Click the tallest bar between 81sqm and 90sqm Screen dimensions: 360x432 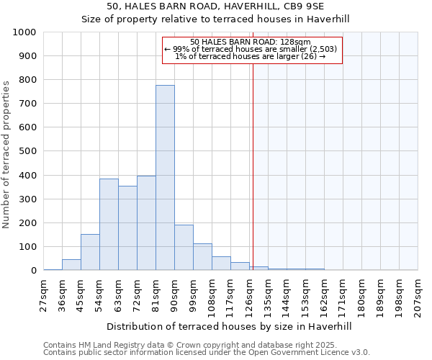click(165, 178)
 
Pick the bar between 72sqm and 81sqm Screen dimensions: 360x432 click(146, 223)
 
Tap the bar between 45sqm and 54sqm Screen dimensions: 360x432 click(90, 252)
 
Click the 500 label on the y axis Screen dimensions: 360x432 click(27, 151)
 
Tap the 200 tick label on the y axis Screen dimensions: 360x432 click(27, 223)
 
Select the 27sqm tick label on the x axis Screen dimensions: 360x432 click(44, 295)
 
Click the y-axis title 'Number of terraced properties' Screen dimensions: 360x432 click(7, 154)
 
